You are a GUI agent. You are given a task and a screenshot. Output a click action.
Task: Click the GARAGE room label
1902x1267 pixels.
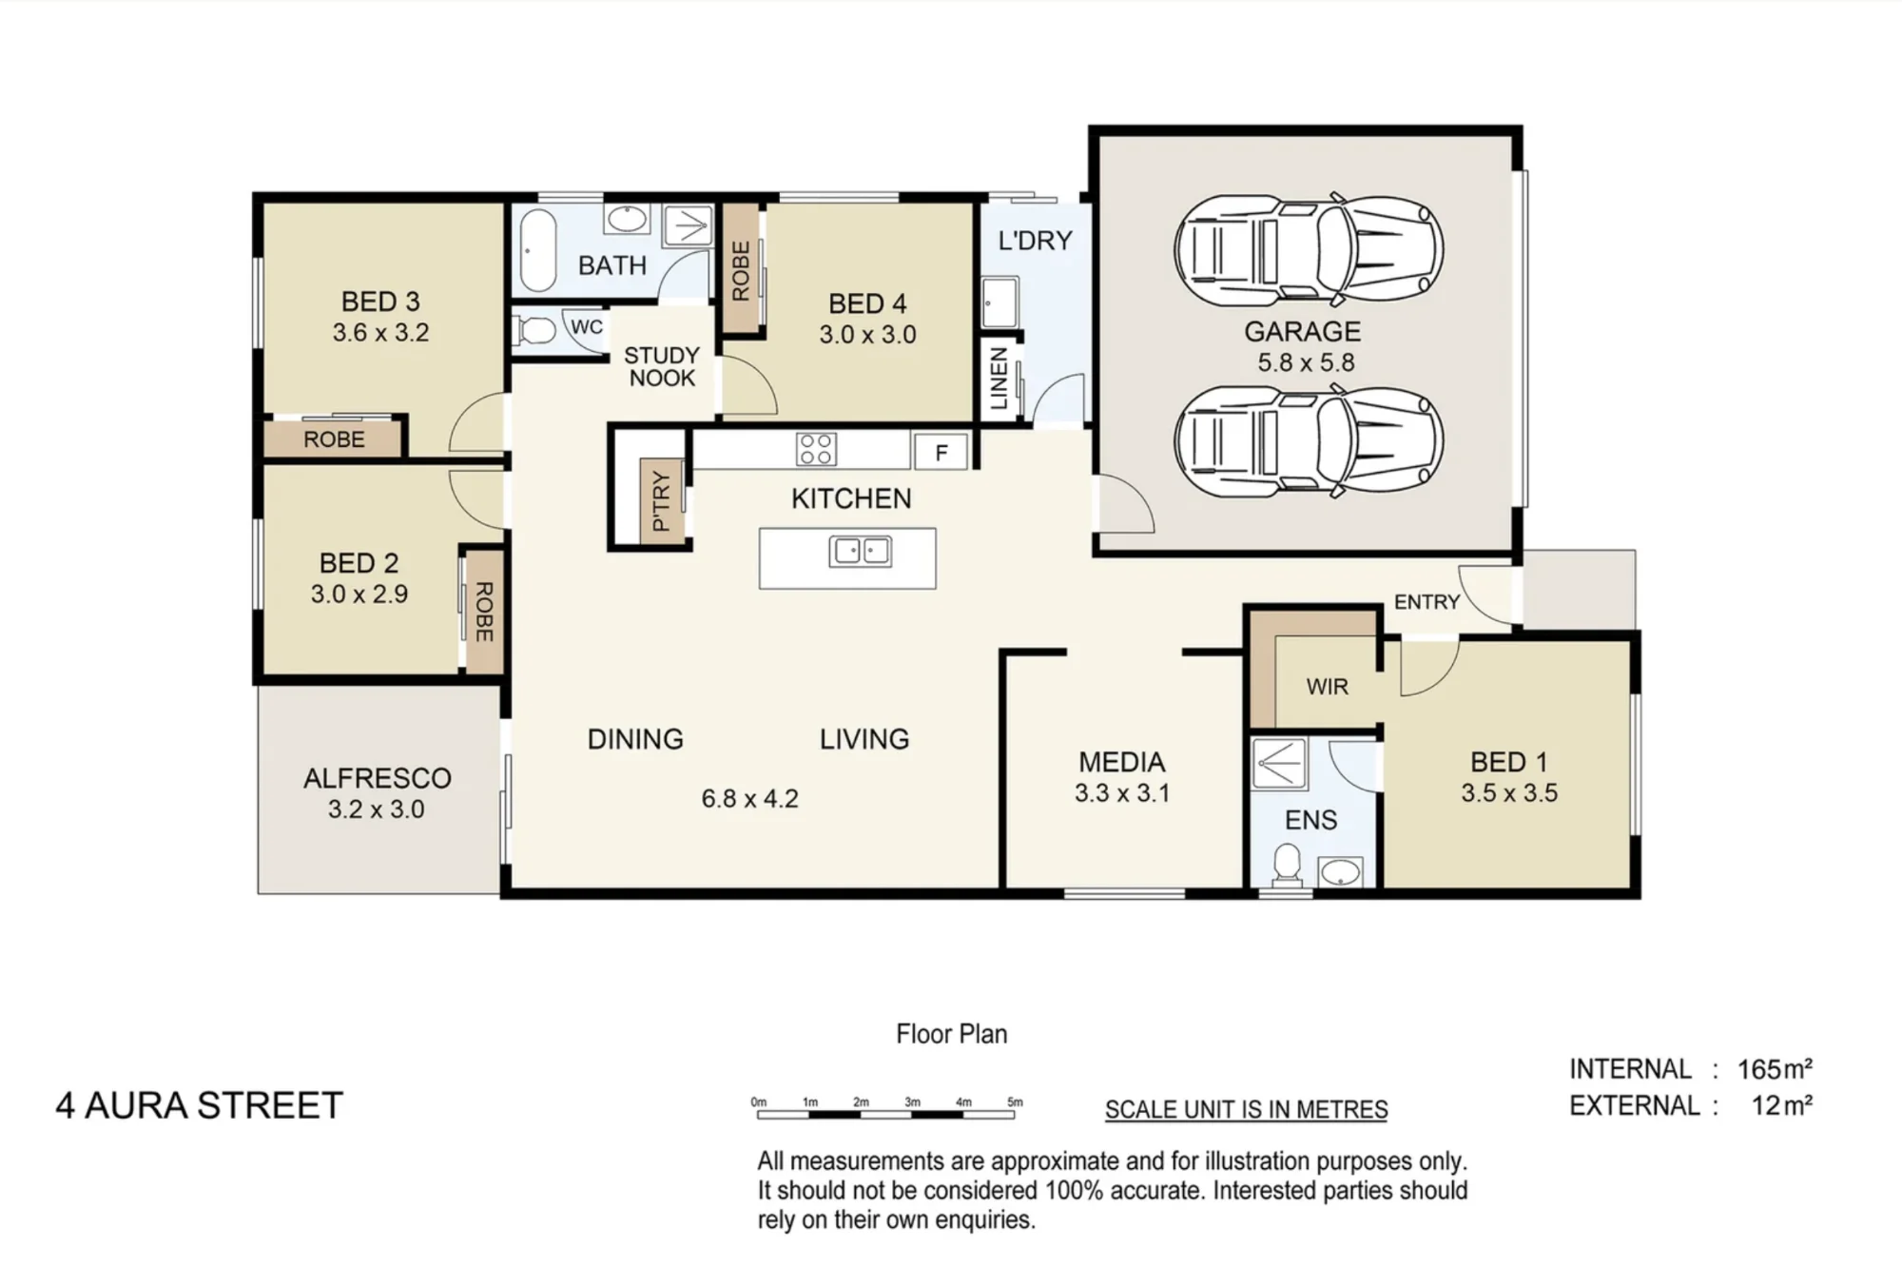[1302, 331]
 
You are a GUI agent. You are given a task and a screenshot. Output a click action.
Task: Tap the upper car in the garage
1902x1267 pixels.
[1309, 251]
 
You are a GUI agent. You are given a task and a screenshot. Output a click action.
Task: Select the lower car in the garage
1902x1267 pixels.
[1309, 441]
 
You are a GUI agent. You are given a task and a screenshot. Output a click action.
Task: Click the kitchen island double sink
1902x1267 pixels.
[861, 552]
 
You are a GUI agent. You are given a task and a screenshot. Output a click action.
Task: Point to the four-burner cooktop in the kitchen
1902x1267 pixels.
[816, 449]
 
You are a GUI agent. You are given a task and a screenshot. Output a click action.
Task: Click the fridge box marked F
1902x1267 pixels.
[941, 452]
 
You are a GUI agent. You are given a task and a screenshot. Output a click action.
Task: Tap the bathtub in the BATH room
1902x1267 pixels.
[538, 249]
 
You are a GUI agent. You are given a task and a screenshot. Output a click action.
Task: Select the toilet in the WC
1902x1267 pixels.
[535, 331]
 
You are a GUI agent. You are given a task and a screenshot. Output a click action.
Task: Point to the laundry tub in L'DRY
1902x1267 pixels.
[1000, 302]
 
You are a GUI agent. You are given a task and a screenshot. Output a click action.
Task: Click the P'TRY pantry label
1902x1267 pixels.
[662, 501]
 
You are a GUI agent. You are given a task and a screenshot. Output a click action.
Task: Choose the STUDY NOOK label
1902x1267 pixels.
[662, 366]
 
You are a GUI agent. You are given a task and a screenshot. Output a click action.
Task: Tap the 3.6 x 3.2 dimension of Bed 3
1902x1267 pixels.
[380, 333]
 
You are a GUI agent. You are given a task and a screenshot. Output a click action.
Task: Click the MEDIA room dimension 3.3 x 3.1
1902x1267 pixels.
[1122, 793]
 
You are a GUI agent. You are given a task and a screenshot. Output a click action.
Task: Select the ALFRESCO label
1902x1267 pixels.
[378, 778]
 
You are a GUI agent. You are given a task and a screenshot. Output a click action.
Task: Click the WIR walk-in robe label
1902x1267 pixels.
[1327, 687]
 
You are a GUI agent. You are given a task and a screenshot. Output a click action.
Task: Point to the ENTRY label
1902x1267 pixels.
[1426, 602]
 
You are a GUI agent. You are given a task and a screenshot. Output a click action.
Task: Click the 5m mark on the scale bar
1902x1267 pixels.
[1016, 1102]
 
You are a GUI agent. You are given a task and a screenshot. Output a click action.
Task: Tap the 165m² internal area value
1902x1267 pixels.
[1775, 1069]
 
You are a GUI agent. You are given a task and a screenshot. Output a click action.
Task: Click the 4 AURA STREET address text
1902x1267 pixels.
[199, 1105]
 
